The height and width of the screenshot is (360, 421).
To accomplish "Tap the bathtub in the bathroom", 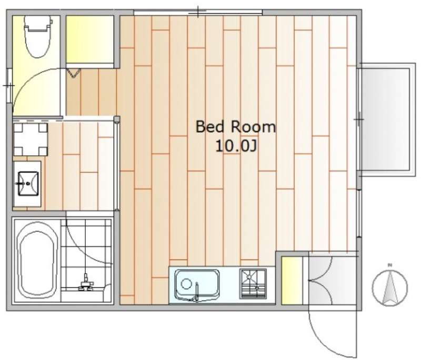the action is (x=37, y=261).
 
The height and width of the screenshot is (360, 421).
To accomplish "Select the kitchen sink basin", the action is (x=197, y=285).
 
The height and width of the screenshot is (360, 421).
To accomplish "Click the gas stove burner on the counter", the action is (x=254, y=284).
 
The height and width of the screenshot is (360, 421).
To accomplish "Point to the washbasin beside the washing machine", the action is (x=28, y=184).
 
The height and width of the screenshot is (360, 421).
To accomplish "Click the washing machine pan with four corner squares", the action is (x=31, y=139).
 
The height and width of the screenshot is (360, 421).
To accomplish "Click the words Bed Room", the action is (x=236, y=127).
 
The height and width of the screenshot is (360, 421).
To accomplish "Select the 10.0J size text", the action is (x=236, y=146).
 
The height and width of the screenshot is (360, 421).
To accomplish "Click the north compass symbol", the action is (x=390, y=287).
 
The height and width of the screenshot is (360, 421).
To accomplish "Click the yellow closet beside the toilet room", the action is (x=89, y=39).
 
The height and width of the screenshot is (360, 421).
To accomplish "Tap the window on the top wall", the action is (x=198, y=12).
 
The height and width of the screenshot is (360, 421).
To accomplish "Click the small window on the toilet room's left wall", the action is (x=9, y=86).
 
